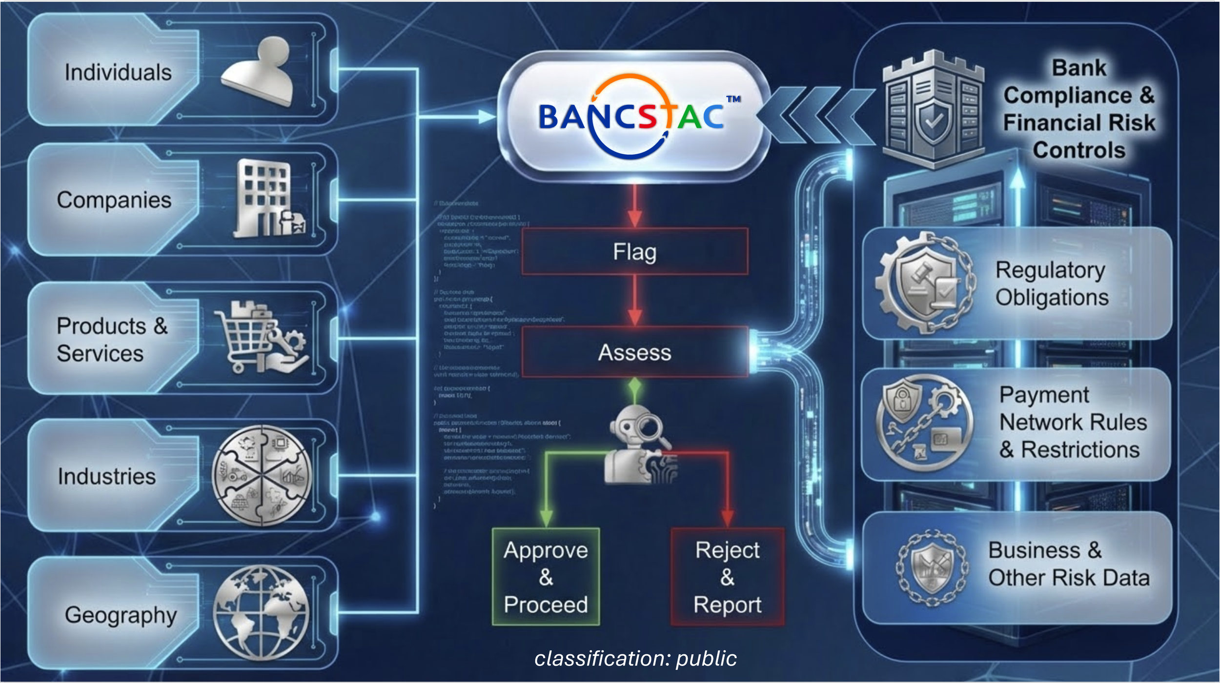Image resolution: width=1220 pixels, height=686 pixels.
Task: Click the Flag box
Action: pos(634,252)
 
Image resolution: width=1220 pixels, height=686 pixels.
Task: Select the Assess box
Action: pos(634,352)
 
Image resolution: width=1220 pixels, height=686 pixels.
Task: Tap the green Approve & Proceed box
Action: pos(546,577)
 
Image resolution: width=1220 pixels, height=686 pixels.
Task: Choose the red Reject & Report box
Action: pos(727,577)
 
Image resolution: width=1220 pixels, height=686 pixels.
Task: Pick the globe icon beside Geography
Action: pos(262,612)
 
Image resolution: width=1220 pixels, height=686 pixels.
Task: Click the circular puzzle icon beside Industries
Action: pos(262,476)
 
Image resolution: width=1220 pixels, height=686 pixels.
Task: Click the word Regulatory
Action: pos(1050,270)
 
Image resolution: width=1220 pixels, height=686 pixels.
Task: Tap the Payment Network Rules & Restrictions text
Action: pos(1072,422)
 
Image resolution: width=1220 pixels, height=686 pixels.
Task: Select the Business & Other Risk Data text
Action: pos(1069,564)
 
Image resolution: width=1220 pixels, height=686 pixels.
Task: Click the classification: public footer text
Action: pos(635,658)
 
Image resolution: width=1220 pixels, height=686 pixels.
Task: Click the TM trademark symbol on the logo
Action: pos(733,99)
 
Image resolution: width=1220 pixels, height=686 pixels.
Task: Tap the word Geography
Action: pos(121,615)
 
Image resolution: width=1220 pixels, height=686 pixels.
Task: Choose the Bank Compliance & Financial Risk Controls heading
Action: pos(1078,109)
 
